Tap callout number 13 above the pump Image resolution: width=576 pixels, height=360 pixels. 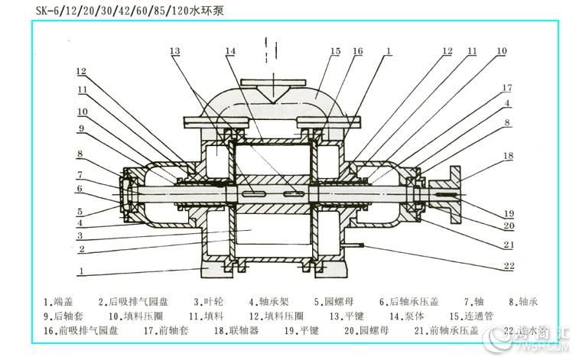point(175,51)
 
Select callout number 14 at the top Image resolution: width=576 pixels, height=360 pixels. point(230,51)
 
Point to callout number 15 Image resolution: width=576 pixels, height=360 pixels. point(335,51)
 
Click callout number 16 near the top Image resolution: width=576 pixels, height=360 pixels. point(357,51)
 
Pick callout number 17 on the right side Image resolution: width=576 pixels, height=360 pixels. point(506,87)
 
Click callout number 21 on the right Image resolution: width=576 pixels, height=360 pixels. point(509,245)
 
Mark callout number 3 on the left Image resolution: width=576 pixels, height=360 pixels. point(80,236)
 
